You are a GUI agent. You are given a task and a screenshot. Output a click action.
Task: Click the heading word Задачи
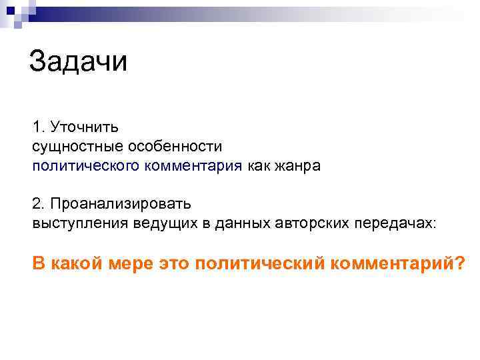tap(78, 63)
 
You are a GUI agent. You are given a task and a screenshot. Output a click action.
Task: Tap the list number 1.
tap(37, 127)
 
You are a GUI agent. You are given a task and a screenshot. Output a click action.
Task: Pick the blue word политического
tap(85, 165)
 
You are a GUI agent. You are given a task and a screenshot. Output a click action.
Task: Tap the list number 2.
tap(37, 203)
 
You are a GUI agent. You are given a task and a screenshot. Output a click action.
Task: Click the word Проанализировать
tap(120, 203)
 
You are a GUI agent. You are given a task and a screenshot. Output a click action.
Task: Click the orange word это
tap(175, 263)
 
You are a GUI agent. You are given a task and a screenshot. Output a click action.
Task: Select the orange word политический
tap(261, 263)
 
